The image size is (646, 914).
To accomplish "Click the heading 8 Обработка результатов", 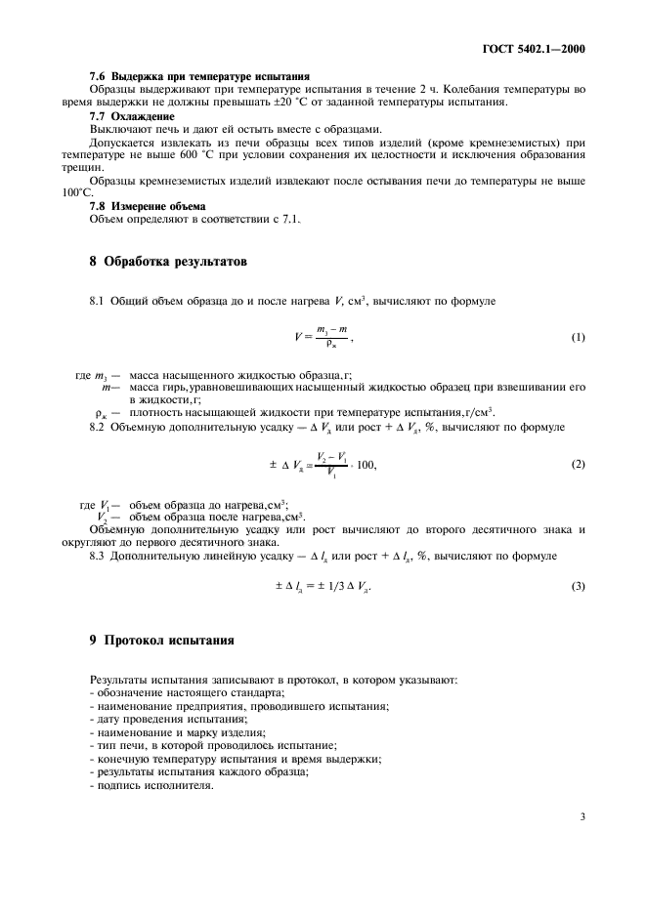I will [x=161, y=262].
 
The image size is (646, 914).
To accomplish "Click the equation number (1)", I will [x=578, y=338].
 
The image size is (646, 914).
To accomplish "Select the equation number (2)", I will [x=578, y=464].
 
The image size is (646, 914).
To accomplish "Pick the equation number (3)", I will [x=578, y=586].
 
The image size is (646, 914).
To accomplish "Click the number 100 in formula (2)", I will [x=366, y=465].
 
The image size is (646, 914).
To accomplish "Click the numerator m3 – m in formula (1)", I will [x=332, y=330].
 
